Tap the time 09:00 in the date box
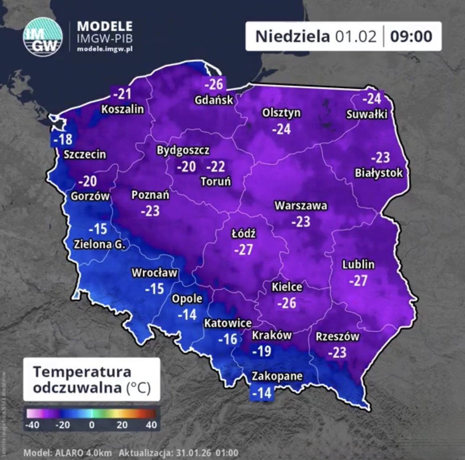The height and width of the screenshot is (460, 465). coord(411,36)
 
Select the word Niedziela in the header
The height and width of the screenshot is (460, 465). coord(293,36)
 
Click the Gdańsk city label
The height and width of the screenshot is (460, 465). coord(214,100)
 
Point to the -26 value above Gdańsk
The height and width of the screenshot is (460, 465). coord(214,84)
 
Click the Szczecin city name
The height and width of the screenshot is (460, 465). coord(84,154)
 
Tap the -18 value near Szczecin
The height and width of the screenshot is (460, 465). coord(62,139)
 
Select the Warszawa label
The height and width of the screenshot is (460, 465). coord(301,205)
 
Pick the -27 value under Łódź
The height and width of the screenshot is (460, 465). coord(243,250)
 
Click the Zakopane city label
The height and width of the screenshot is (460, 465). coord(277,376)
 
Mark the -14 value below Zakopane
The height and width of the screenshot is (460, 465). coord(262,393)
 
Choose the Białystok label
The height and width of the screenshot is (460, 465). coord(379,173)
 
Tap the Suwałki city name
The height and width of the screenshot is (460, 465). coord(367,114)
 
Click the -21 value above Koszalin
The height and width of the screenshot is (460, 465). coord(122,93)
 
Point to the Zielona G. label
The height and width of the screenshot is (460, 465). coord(100,245)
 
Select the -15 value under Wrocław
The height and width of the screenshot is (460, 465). coord(154,289)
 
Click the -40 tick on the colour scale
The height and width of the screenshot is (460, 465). coord(32,425)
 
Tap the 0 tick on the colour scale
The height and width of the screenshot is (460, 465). coord(92,425)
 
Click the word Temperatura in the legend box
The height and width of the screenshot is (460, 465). coord(82,372)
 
